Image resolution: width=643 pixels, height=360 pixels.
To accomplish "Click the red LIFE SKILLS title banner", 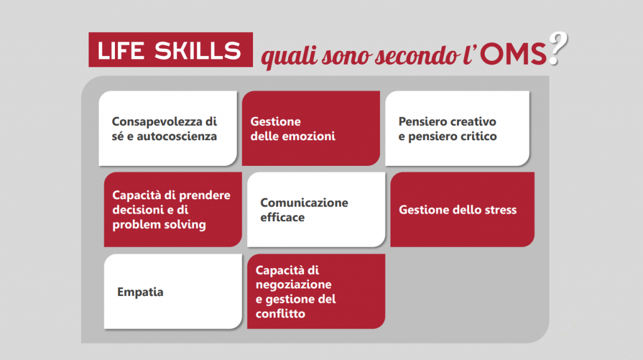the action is click(171, 50).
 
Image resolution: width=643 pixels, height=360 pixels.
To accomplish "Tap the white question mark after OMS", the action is click(558, 48).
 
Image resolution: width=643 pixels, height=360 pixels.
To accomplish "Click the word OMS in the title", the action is click(514, 54).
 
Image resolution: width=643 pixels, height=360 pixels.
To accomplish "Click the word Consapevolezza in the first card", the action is click(157, 121).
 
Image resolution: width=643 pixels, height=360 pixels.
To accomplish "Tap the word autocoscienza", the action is click(176, 136).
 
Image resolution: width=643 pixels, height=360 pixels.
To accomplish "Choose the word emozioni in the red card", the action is click(310, 136).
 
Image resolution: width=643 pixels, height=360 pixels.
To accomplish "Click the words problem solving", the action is click(159, 225).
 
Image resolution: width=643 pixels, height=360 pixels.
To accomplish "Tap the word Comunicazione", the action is click(305, 202).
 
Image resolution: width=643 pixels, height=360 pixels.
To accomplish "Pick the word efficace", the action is click(283, 217).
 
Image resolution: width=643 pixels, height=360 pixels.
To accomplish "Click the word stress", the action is click(500, 210).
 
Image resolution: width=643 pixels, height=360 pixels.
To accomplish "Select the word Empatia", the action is click(140, 292).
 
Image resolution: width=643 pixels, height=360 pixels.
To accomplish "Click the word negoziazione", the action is click(294, 285).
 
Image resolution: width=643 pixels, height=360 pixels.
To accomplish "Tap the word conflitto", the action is click(281, 314).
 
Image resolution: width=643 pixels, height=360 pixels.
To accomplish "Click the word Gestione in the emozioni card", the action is click(276, 121).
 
